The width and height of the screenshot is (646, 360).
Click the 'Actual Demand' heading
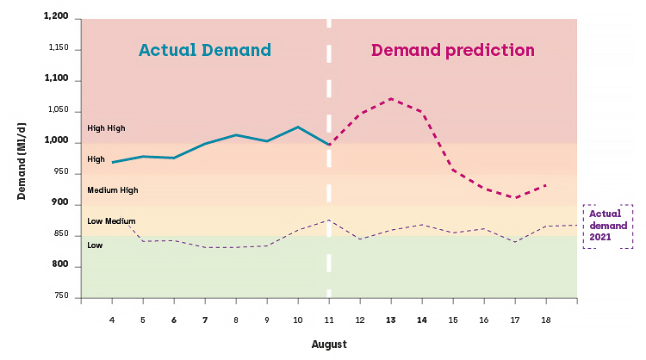pos(205,50)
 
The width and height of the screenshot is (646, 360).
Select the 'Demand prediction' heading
pos(453,51)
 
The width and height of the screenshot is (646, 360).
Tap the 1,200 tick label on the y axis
pos(56,16)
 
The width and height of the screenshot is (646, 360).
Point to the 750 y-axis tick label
pos(60,295)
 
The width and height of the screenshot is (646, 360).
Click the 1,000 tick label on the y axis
pos(56,140)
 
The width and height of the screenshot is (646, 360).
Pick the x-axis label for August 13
pos(390,320)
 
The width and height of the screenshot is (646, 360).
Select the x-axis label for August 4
pos(112,320)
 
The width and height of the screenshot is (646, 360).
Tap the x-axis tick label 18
pos(546,320)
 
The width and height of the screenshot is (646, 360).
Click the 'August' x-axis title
pos(329,344)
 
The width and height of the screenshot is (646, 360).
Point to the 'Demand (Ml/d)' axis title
pos(22,161)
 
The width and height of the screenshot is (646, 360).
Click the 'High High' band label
pos(106,128)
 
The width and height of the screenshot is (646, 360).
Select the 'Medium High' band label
pos(113,190)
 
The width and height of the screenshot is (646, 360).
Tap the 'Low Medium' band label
pos(111,221)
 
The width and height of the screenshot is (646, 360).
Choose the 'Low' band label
pos(95,245)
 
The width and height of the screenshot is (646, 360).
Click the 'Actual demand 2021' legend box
pos(608,227)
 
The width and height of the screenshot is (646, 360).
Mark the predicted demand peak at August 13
pos(390,99)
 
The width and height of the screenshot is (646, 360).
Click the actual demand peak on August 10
pos(298,127)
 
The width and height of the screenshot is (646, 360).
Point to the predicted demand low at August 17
pos(515,198)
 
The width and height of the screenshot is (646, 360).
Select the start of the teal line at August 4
pos(113,162)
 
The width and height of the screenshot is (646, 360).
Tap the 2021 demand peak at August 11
pos(329,220)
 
